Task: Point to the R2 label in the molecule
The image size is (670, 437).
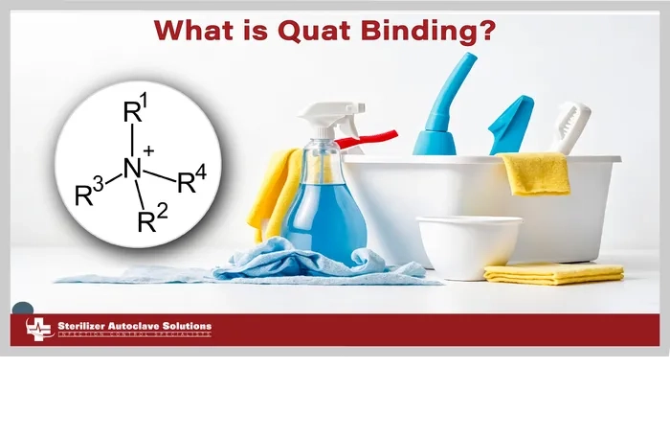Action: (x=152, y=221)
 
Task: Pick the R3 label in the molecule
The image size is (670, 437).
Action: (x=89, y=195)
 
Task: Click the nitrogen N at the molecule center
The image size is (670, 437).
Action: (x=132, y=170)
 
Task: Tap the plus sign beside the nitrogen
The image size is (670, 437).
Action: (x=148, y=150)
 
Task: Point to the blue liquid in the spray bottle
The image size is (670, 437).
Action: (x=324, y=220)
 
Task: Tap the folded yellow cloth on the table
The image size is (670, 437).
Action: (x=553, y=274)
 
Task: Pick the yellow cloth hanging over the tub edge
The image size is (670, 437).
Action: (x=535, y=173)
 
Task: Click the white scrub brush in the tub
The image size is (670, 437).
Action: (x=570, y=127)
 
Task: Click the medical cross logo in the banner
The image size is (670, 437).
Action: (x=39, y=330)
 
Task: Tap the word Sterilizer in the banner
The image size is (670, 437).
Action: (x=83, y=327)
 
